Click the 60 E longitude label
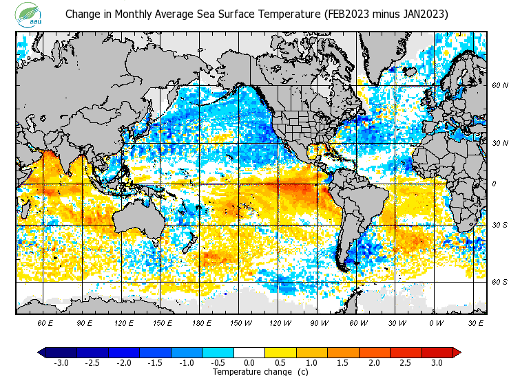point(45,322)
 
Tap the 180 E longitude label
point(201,322)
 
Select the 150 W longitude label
point(240,322)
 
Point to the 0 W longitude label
point(435,322)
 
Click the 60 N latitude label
point(500,86)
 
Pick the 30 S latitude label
point(500,225)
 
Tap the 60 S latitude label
point(500,282)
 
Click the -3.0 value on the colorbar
point(61,363)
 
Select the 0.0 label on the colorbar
point(249,363)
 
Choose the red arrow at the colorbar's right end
point(457,353)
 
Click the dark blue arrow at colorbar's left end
point(42,353)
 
